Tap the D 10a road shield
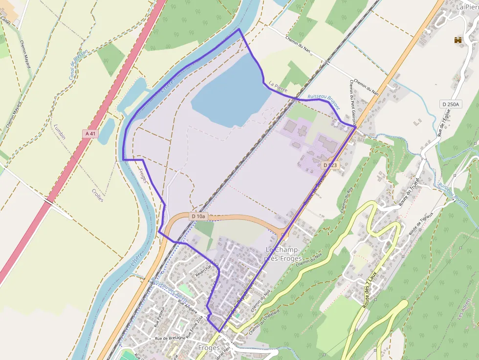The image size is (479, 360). coord(199,216)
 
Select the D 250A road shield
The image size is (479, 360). coord(450,104)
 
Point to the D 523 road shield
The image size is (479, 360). coord(330,166)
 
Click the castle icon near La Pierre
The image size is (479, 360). coord(458,41)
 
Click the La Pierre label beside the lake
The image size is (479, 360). coord(278,87)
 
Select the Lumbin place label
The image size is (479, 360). coord(60,131)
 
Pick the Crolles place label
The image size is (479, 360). coord(97,191)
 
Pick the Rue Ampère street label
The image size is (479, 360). coord(187,306)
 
